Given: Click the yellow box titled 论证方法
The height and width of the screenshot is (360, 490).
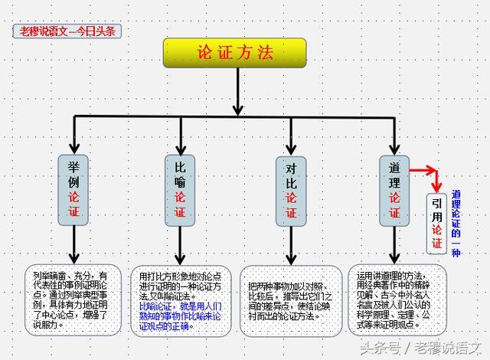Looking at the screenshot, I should [234, 53].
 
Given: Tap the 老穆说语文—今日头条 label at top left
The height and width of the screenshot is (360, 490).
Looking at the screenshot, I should [67, 31].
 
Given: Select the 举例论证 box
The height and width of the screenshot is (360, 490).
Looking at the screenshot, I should [74, 190].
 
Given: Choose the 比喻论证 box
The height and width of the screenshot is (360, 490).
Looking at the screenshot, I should [181, 190].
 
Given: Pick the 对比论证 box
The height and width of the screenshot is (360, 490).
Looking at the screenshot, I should [291, 191].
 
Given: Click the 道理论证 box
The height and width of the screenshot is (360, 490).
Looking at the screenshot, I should [394, 190].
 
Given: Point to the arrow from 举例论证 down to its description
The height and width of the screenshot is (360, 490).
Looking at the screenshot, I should [74, 245].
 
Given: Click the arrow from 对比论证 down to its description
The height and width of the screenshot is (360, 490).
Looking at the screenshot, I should [291, 245].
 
